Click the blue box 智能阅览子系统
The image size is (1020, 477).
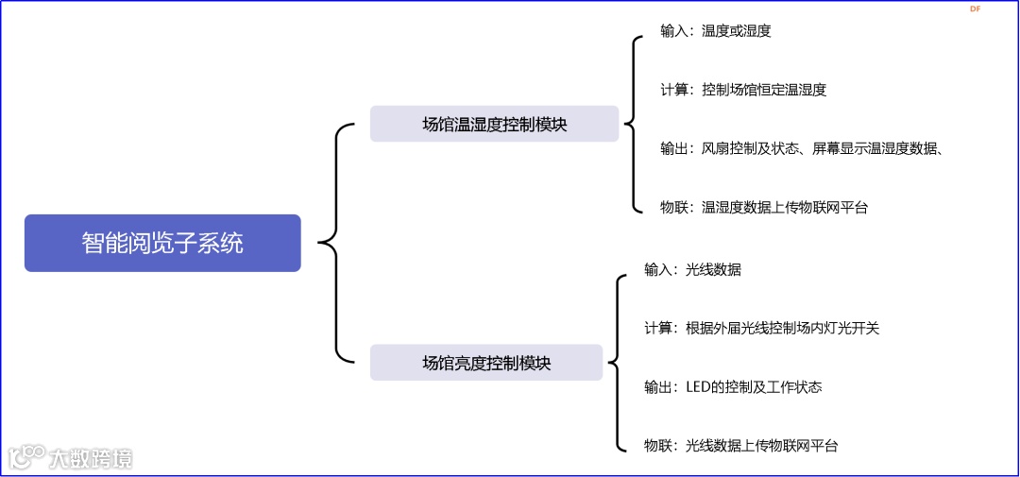point(162,243)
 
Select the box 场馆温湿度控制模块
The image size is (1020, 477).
point(494,124)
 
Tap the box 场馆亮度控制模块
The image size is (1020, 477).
point(485,362)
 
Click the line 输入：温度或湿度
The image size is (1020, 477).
point(715,31)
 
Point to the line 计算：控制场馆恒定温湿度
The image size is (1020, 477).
point(743,90)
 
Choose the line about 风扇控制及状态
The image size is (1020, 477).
point(803,148)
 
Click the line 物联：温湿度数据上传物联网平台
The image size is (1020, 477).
point(763,208)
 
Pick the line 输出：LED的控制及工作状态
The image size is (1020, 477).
point(733,386)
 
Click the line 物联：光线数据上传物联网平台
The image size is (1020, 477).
point(740,446)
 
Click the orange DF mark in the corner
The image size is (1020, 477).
point(975,9)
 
